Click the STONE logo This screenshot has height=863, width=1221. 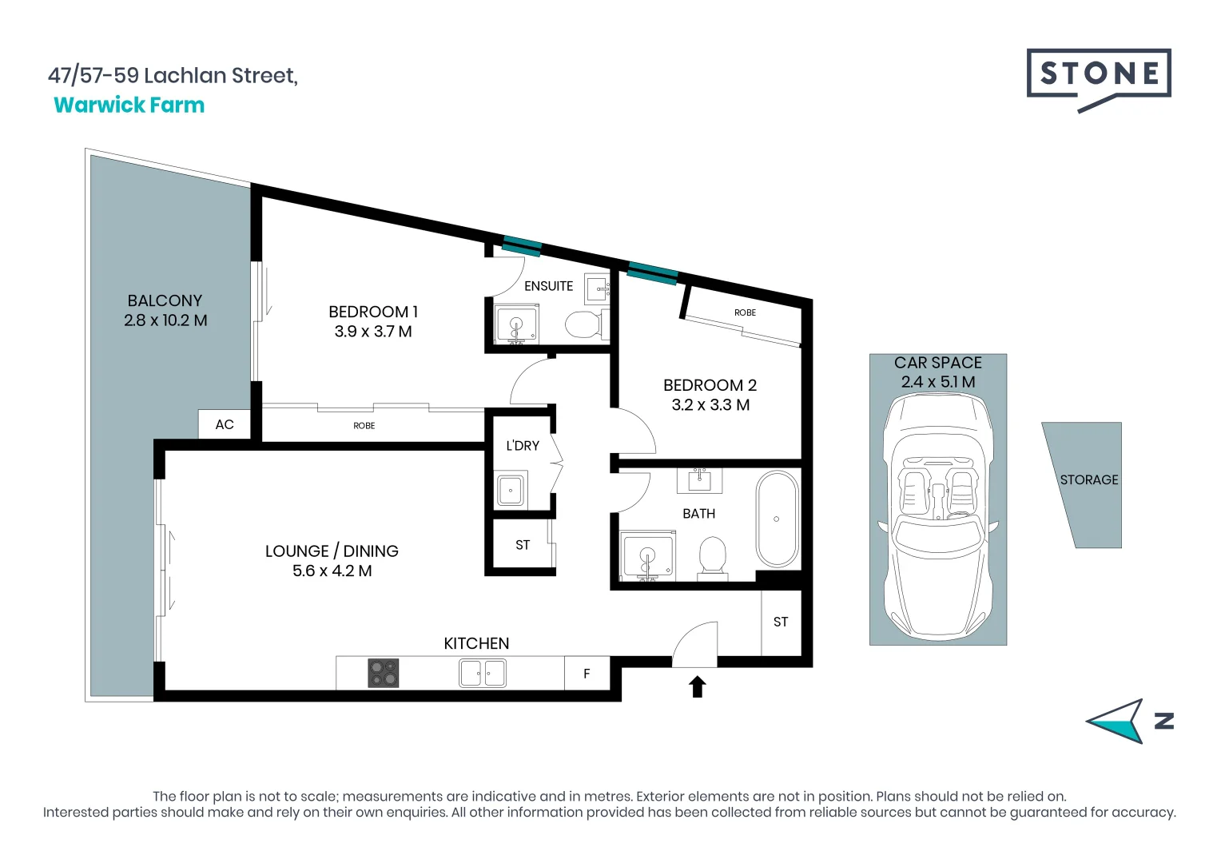coord(1099,75)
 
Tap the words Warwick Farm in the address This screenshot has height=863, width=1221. coord(129,105)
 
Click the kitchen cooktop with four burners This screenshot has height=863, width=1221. coord(383,673)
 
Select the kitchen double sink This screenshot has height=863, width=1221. coord(482,673)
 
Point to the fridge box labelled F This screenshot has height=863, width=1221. coord(587,674)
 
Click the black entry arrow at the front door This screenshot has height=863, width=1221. coord(698,686)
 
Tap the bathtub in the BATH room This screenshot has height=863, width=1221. coord(777,519)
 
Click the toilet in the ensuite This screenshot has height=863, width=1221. coord(583,324)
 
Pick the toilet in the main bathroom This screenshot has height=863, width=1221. coord(712,555)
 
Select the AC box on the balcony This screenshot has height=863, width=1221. coord(225,424)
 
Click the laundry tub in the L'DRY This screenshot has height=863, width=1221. coord(511,490)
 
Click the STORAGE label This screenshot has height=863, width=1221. coord(1088,479)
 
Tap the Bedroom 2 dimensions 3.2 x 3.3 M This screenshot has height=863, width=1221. coord(710,405)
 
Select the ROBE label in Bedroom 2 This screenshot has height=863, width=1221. coord(745,312)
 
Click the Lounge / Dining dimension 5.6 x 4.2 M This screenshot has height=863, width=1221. coord(332,571)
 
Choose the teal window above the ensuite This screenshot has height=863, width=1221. coord(522,246)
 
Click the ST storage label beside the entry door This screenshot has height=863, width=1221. coord(781,622)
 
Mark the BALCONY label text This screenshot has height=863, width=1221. coord(165,300)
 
